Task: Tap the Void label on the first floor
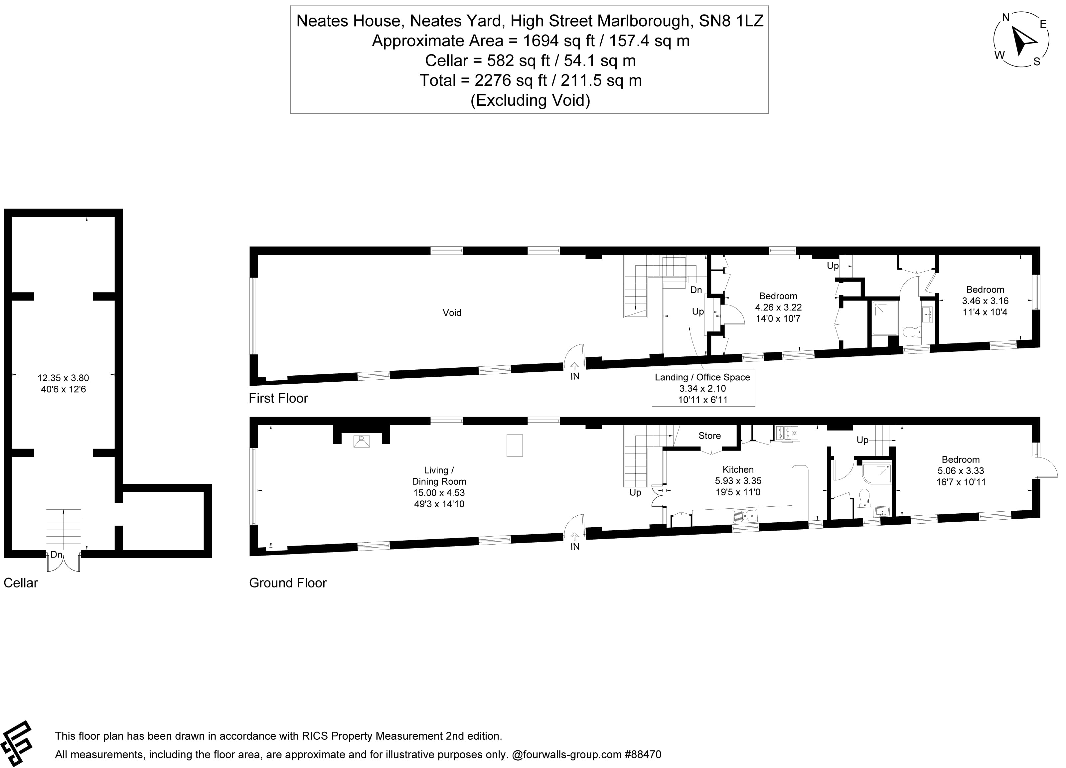[452, 313]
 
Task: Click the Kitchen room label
[738, 469]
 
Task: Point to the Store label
[709, 436]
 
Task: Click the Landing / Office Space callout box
[703, 388]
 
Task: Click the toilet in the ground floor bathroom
[864, 497]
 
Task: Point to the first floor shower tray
[885, 318]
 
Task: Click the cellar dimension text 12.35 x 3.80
[63, 378]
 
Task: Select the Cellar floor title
[21, 583]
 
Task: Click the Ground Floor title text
[288, 583]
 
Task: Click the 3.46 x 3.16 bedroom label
[985, 301]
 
